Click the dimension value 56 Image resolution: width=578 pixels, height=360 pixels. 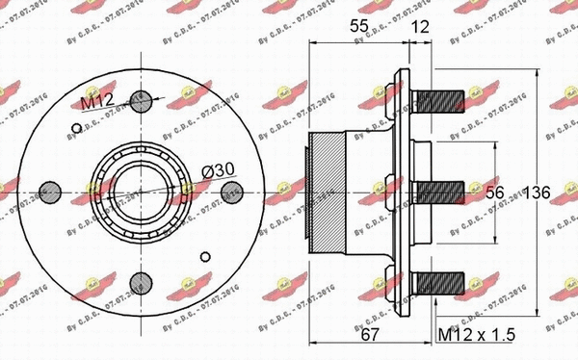tap(494, 193)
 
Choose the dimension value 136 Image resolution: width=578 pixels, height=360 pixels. tap(536, 193)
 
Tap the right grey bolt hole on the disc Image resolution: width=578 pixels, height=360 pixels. tap(230, 192)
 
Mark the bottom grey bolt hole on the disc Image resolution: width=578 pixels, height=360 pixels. tap(138, 283)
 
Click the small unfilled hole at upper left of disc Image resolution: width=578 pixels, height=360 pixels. tap(74, 126)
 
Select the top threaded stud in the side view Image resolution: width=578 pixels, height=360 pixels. tap(442, 99)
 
